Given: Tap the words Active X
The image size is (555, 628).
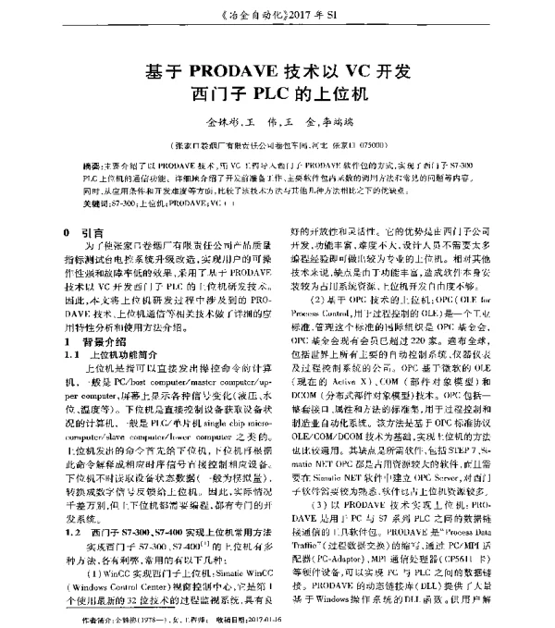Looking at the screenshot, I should click(358, 419).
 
